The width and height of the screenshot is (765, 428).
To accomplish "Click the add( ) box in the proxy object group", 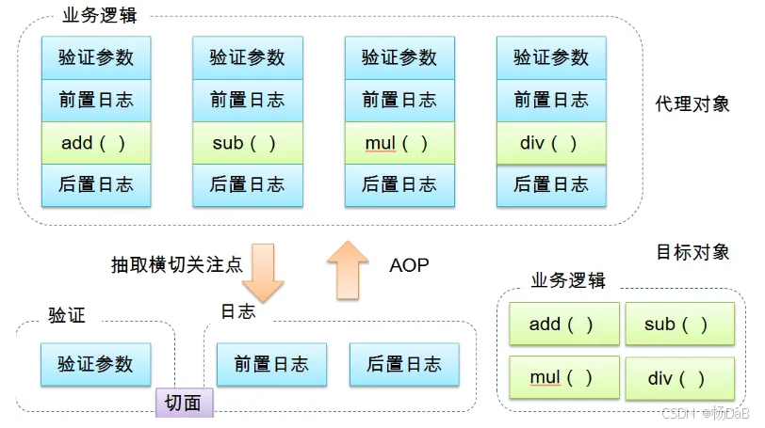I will coord(95,143).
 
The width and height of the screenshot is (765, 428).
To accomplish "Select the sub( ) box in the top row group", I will coord(247,143).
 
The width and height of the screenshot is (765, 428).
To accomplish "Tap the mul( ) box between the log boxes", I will coord(399,143).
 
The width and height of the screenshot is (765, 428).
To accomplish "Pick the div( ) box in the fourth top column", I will coord(551,143).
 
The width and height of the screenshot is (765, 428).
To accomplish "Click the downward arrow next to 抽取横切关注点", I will coord(263,272).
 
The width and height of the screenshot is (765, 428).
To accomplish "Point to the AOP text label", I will coord(409,265).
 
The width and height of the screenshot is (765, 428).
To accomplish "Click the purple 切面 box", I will coord(184,403).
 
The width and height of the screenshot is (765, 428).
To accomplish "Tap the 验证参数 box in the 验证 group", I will coord(95,364).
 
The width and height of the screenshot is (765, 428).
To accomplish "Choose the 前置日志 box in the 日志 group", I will coord(271,364).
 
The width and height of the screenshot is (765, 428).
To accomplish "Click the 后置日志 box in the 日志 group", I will coord(403,364).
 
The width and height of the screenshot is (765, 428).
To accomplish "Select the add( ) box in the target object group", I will coord(563,325).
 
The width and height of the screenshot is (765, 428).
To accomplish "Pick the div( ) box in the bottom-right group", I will coord(679,378).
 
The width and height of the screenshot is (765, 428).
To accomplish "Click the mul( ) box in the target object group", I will coord(563,378).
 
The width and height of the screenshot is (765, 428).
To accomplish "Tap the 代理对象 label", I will coord(692,103).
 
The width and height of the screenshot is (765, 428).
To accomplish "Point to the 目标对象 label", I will coord(692,252).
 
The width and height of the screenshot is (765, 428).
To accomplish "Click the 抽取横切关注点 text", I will coord(176,265).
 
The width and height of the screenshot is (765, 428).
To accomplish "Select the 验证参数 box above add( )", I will coord(95,57).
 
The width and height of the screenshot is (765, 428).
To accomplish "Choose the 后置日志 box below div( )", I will coord(551,184).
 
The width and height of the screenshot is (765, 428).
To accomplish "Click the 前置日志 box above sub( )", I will coord(247,100).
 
